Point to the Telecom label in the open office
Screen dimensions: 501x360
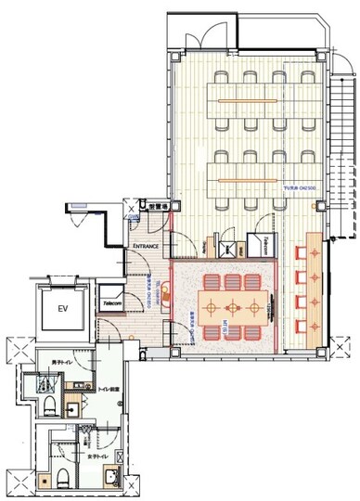pyautogui.click(x=265, y=239)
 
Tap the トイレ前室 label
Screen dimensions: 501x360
pyautogui.click(x=105, y=390)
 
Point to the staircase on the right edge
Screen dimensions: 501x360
pyautogui.click(x=346, y=148)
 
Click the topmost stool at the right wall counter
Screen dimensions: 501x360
pyautogui.click(x=299, y=252)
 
